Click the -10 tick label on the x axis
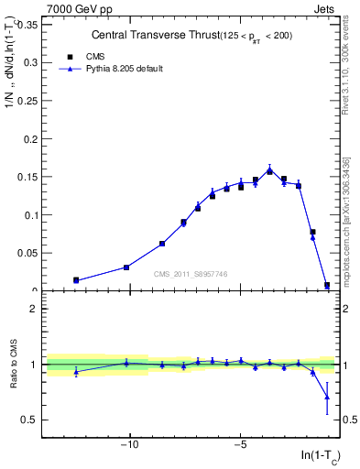tap(130, 446)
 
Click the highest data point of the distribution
tap(269, 170)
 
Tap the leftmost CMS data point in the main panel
tap(76, 280)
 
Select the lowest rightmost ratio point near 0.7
tap(327, 397)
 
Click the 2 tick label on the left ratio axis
tap(33, 309)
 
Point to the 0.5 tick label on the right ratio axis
tap(347, 420)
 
